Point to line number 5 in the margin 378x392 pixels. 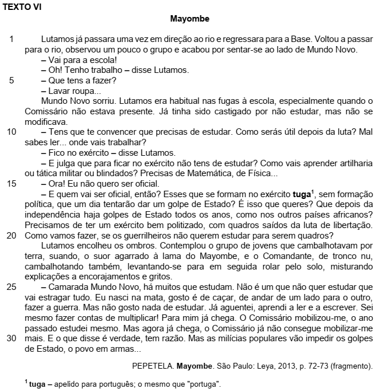coord(12,80)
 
